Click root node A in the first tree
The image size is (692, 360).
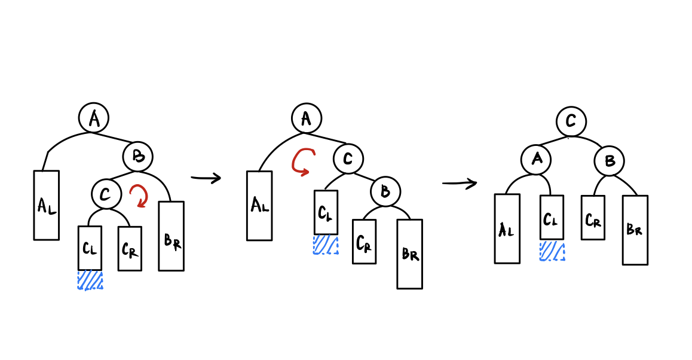94,118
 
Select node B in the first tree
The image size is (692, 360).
138,157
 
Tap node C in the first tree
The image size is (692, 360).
106,194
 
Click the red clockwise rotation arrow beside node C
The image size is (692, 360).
139,196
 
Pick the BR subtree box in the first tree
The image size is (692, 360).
171,236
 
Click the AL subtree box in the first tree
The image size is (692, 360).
47,205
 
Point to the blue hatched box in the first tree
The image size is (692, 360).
90,280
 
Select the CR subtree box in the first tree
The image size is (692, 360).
130,248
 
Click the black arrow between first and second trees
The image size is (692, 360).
206,178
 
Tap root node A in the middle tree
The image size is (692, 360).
307,118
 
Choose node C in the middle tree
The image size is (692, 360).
348,158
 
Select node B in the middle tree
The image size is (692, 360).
385,192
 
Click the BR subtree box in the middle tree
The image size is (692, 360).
410,254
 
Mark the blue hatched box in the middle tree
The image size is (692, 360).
326,245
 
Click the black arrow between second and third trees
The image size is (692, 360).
460,183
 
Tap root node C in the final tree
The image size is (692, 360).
571,122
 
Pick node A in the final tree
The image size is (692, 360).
535,159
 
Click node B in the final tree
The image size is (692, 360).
609,161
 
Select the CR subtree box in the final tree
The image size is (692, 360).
593,218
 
